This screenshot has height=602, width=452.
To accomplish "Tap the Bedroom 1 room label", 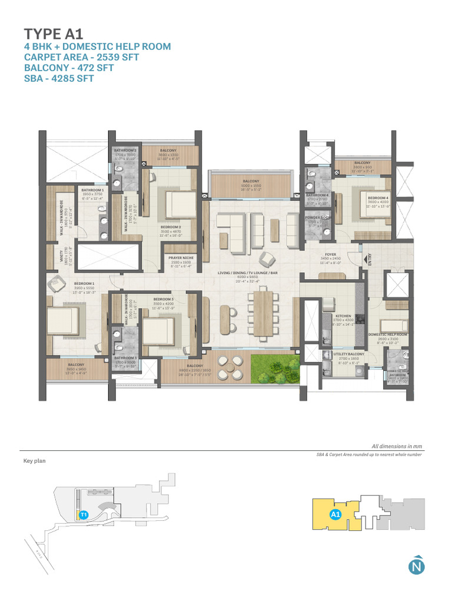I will tap(84, 283).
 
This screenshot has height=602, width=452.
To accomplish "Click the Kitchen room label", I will tap(343, 316).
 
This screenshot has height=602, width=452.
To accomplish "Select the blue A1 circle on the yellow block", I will tap(335, 515).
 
